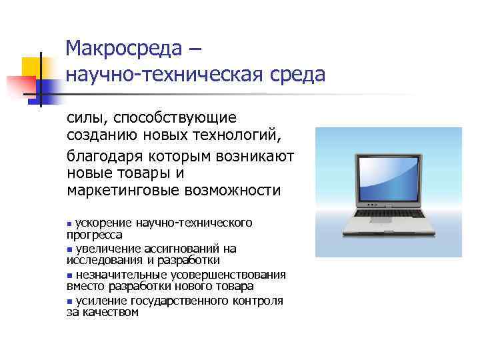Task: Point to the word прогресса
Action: click(94, 235)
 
